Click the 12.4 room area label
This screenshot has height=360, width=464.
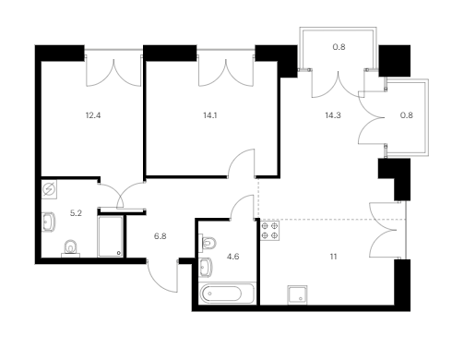click(x=93, y=115)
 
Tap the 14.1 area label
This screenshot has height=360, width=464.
click(x=210, y=115)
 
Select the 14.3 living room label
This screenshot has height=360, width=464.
click(x=333, y=115)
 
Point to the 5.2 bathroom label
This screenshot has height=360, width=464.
click(x=76, y=213)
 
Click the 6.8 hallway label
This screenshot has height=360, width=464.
click(x=161, y=236)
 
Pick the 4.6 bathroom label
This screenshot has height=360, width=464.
click(x=232, y=257)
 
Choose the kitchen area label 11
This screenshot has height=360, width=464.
click(x=333, y=257)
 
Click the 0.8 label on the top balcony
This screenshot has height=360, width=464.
click(x=339, y=47)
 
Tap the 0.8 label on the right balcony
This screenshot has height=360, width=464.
click(x=406, y=115)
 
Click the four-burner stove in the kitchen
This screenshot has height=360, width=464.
click(x=270, y=231)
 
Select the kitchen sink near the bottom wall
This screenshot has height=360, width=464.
click(x=297, y=295)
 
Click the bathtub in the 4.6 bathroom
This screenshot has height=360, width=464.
click(x=227, y=294)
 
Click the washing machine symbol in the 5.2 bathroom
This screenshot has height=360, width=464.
click(x=49, y=189)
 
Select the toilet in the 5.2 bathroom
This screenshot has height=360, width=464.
click(x=71, y=248)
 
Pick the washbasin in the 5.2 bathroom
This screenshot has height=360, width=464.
click(x=48, y=222)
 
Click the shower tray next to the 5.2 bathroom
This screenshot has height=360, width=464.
click(x=111, y=236)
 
